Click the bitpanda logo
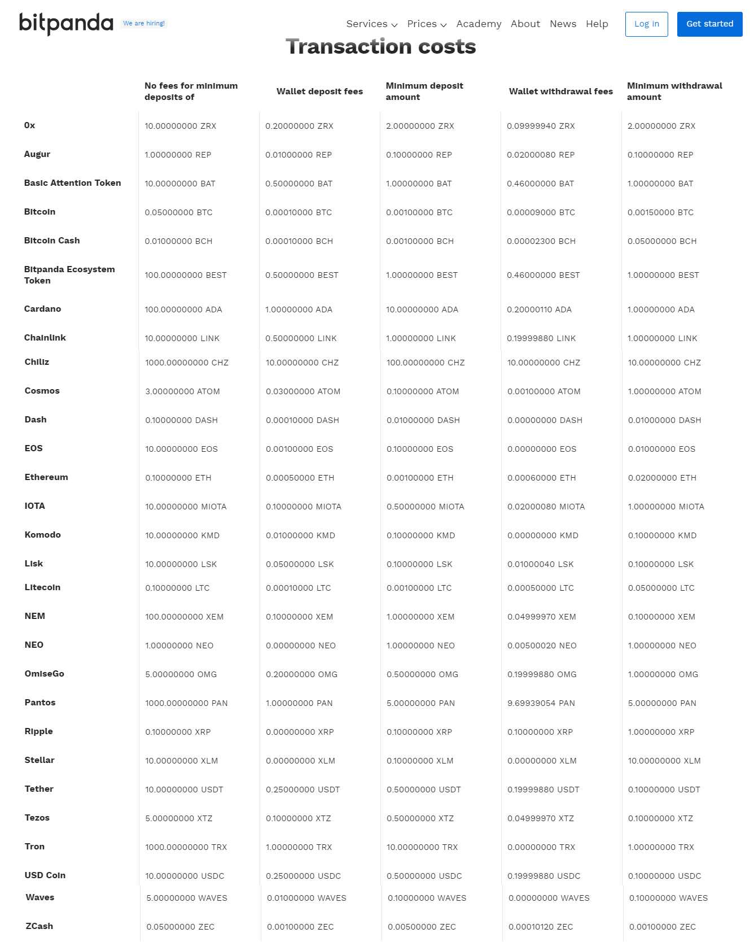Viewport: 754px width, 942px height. [66, 24]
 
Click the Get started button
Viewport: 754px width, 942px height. [709, 24]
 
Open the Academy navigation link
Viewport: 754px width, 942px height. [479, 24]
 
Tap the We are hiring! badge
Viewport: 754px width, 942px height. [144, 24]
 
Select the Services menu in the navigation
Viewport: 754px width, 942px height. [371, 24]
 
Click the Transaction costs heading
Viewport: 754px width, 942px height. [380, 47]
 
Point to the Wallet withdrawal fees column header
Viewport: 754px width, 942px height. [560, 91]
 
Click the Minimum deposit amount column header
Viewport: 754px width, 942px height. [424, 91]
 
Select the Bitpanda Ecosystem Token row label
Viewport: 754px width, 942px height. [69, 275]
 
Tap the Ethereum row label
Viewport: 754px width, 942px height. [46, 477]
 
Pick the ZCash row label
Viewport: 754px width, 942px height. [40, 926]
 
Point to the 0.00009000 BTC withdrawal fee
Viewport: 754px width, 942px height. [541, 212]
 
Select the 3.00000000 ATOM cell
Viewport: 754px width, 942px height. [182, 391]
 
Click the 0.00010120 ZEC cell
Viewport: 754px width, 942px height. [541, 927]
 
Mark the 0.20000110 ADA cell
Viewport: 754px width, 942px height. [539, 309]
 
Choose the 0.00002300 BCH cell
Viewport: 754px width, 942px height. [541, 241]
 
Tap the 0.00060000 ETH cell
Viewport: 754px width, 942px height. [541, 478]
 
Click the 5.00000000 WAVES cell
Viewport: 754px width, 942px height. [187, 898]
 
